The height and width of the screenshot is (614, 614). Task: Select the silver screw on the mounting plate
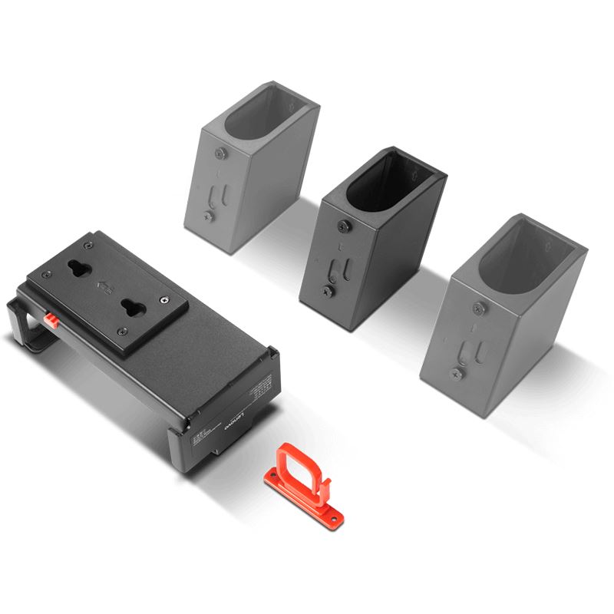(164, 299)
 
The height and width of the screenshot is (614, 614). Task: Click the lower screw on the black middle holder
(328, 291)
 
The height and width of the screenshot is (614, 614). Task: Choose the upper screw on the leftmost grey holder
(220, 155)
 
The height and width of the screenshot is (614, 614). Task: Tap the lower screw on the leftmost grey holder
(207, 217)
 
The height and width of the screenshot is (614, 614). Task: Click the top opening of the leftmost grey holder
(266, 116)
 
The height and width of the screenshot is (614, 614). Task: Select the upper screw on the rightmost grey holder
(480, 309)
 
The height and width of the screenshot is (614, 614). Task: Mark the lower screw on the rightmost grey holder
(455, 374)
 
